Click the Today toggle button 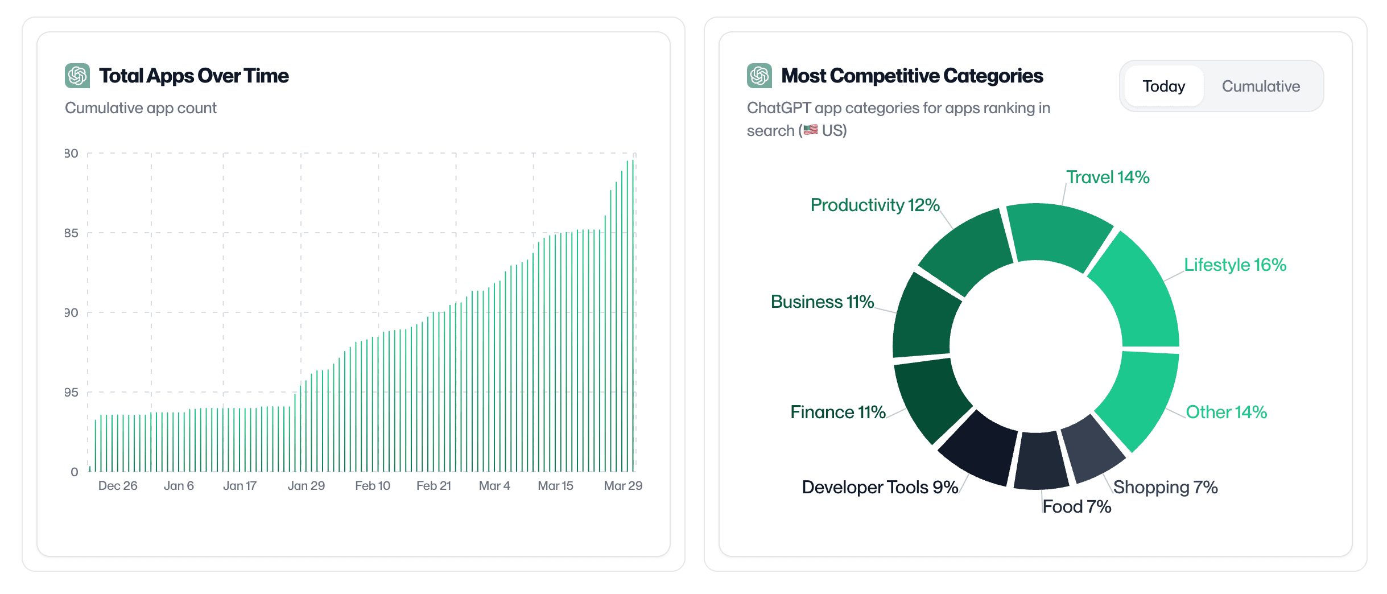[x=1163, y=86]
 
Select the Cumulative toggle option [x=1261, y=86]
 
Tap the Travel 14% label [x=1107, y=178]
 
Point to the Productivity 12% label [x=874, y=205]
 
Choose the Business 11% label [x=822, y=302]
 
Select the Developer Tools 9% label [x=880, y=487]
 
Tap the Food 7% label [x=1076, y=506]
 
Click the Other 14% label [x=1226, y=412]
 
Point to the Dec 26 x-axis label [x=118, y=486]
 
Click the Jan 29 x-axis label [x=306, y=486]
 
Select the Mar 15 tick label [x=555, y=486]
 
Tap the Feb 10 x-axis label [x=373, y=486]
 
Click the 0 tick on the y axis [x=75, y=472]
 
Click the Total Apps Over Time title [x=193, y=76]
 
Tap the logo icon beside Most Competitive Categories [x=759, y=76]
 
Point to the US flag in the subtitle [x=811, y=130]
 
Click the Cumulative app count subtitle [x=141, y=108]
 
